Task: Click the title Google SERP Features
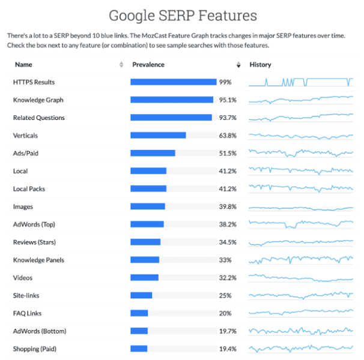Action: (182, 15)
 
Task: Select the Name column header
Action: (23, 65)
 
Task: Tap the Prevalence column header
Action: (148, 65)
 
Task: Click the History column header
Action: (260, 65)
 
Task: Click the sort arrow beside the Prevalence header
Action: (238, 65)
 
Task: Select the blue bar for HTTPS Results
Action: (173, 82)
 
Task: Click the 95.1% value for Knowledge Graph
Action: (228, 100)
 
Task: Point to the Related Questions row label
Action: (39, 118)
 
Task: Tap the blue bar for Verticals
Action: (158, 136)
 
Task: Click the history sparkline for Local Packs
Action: (301, 188)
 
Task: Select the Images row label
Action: (23, 206)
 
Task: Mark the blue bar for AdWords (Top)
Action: (147, 224)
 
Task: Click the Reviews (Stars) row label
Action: (36, 242)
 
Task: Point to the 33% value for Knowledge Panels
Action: (225, 260)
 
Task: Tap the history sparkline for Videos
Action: (301, 278)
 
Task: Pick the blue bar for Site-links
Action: (141, 295)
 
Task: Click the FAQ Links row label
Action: (28, 313)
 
